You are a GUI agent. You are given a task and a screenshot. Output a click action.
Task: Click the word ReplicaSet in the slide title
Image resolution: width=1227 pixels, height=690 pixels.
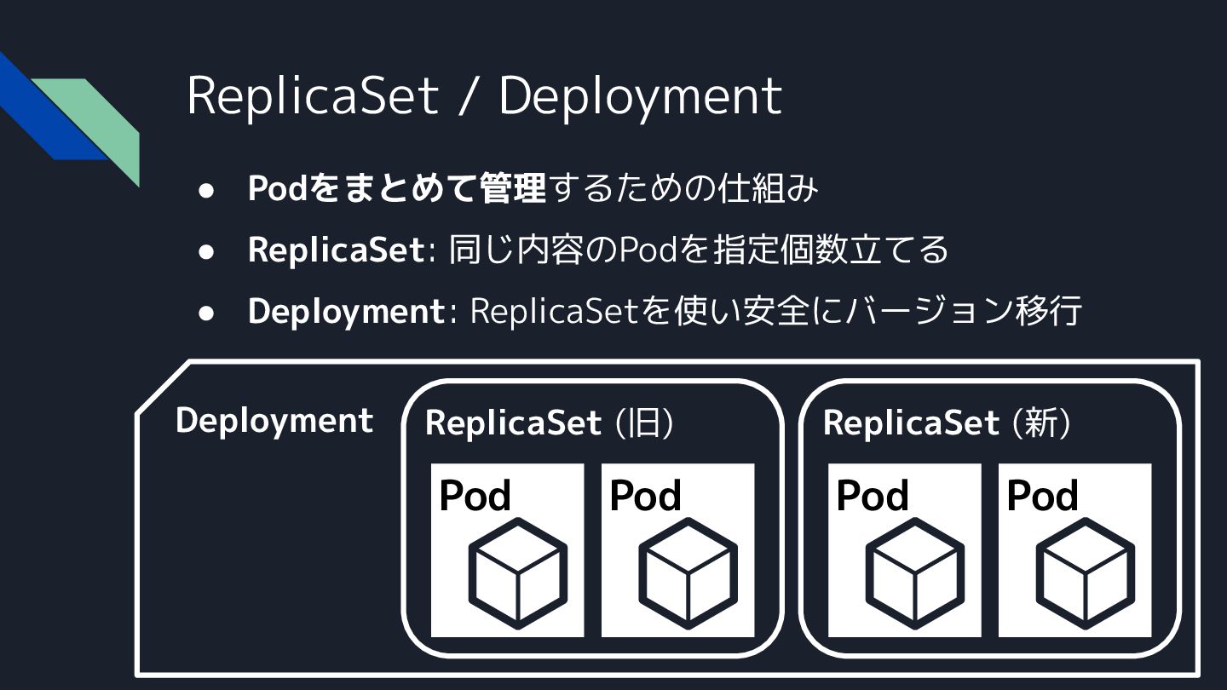click(x=312, y=95)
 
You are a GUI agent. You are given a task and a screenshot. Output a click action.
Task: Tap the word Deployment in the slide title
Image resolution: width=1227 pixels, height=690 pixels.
click(x=640, y=97)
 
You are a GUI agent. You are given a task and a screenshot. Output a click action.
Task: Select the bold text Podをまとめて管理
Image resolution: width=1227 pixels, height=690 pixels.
click(x=396, y=188)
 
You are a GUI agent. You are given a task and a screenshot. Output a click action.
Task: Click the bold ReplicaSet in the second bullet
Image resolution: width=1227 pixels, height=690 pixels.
click(x=336, y=250)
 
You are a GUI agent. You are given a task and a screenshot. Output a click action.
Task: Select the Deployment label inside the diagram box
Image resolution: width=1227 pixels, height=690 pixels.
click(x=274, y=421)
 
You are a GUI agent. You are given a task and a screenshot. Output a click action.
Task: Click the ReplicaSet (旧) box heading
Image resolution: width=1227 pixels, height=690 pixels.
click(x=550, y=423)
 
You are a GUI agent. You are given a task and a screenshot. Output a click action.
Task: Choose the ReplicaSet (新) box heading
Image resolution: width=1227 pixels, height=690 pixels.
click(x=947, y=423)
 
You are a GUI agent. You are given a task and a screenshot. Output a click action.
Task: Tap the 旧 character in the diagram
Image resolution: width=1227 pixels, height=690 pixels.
click(x=644, y=423)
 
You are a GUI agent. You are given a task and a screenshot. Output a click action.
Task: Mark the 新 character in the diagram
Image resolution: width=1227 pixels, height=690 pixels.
click(x=1041, y=423)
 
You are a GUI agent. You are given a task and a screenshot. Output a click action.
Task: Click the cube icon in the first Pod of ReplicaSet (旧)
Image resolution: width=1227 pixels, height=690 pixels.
click(x=517, y=573)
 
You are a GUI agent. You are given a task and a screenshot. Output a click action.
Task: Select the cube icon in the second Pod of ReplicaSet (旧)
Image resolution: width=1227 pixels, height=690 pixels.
click(x=688, y=573)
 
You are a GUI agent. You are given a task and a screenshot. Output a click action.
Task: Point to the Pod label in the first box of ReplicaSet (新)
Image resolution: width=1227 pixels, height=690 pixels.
click(x=873, y=496)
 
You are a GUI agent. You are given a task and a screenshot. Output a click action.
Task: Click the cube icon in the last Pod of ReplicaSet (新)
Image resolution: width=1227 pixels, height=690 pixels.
click(x=1085, y=573)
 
